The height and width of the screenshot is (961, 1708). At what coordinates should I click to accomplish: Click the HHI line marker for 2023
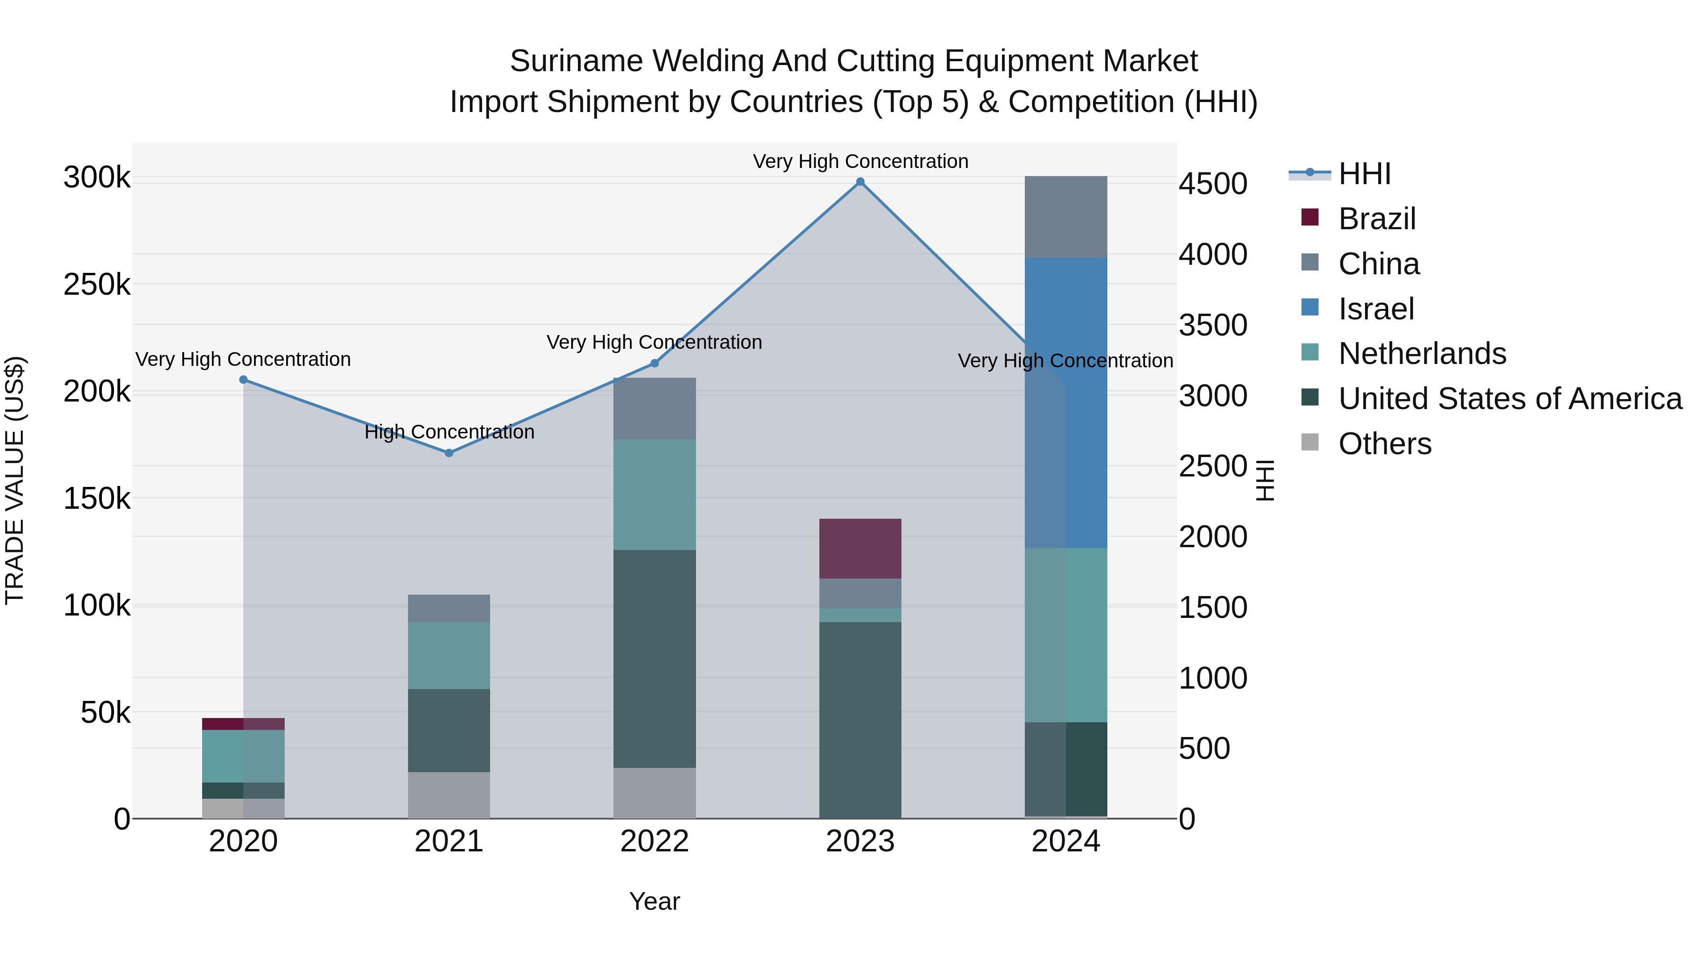(860, 182)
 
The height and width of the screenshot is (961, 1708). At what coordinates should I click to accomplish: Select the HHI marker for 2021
(449, 453)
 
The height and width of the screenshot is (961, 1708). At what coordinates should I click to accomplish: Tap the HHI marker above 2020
(243, 379)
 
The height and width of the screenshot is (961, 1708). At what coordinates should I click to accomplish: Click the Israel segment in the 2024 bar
(1066, 402)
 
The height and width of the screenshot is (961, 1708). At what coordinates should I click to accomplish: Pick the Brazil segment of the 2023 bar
(860, 549)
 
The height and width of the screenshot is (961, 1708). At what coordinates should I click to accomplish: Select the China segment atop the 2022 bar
(654, 409)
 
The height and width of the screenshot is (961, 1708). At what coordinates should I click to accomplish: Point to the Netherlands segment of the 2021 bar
(449, 655)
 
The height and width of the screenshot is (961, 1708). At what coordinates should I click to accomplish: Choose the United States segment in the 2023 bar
(860, 719)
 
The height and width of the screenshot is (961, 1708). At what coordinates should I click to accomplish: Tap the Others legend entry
(1384, 444)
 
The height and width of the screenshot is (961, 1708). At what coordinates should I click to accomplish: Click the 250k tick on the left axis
(97, 285)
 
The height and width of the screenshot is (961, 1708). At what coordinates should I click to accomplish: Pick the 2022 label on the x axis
(654, 841)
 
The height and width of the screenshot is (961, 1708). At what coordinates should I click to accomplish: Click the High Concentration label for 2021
(449, 432)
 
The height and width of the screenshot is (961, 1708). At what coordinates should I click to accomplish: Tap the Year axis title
(654, 901)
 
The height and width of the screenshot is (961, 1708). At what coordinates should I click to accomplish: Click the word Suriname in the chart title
(576, 61)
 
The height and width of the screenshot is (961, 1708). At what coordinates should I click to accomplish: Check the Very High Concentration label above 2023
(860, 161)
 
